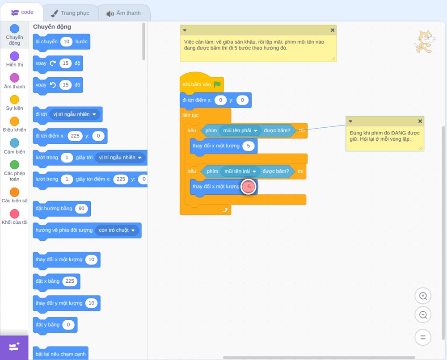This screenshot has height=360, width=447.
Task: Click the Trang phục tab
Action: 71,13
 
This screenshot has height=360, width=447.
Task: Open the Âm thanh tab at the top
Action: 124,13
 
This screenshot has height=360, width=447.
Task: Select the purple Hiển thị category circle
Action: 15,56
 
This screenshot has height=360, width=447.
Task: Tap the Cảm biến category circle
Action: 15,143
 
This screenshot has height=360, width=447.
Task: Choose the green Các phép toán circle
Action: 15,165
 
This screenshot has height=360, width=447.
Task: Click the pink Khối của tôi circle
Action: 15,213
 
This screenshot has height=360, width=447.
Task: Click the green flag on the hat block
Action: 218,84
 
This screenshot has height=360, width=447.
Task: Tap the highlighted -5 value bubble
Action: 249,187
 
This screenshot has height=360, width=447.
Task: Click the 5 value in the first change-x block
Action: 248,146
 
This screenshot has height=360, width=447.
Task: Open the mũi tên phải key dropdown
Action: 240,130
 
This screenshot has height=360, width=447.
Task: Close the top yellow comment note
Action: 333,30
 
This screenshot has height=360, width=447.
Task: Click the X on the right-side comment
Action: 420,121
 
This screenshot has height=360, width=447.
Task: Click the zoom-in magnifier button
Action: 423,296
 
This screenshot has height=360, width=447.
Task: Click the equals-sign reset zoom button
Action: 423,338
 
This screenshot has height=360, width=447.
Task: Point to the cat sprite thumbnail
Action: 425,42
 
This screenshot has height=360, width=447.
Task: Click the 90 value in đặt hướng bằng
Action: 81,209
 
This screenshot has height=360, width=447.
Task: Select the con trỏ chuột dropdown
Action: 117,230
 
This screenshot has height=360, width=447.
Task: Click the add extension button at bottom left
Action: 14,347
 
